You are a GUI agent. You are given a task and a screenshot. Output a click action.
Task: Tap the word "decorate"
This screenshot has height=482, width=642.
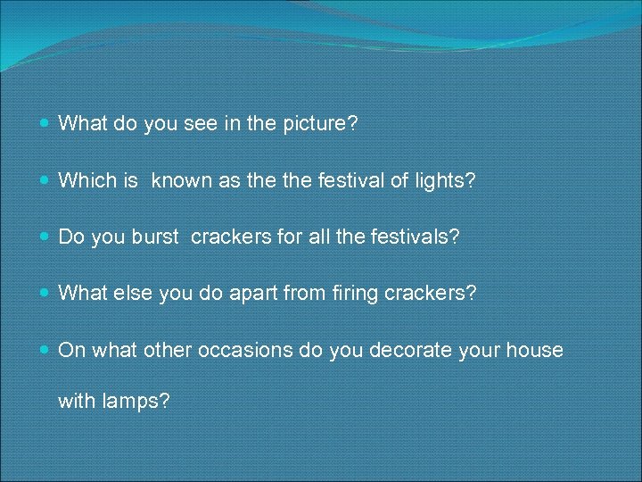(x=403, y=349)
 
